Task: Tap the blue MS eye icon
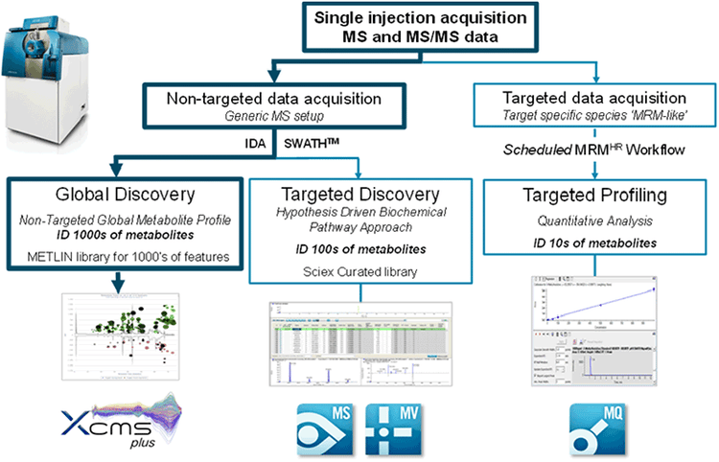(x=317, y=423)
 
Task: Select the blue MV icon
(x=392, y=423)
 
